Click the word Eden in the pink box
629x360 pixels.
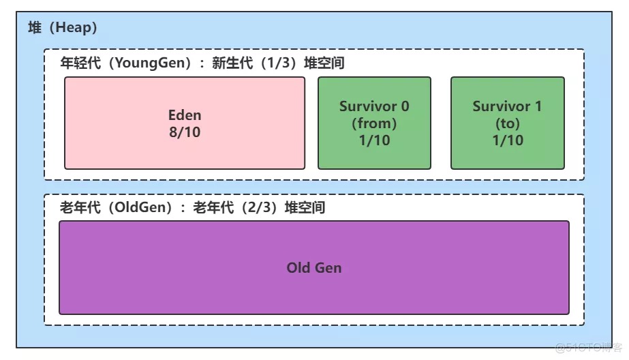tap(185, 115)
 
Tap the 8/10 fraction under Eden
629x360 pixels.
tap(185, 132)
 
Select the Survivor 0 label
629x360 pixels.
tap(374, 106)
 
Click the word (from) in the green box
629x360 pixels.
tap(374, 123)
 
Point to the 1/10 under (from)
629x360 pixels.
tap(374, 140)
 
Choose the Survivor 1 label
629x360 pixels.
tap(508, 106)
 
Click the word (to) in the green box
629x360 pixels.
tap(508, 123)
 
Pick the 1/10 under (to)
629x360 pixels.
tap(508, 140)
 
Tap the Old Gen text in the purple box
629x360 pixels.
tap(314, 268)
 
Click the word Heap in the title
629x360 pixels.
tap(72, 27)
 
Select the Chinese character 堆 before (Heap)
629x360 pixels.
tap(35, 27)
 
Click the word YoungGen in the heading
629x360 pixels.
tap(147, 63)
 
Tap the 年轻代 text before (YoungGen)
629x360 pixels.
tap(80, 63)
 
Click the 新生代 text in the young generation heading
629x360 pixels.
tap(232, 63)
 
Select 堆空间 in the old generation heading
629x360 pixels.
tap(305, 207)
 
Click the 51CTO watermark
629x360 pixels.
tap(589, 348)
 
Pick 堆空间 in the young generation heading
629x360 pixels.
tap(324, 63)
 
